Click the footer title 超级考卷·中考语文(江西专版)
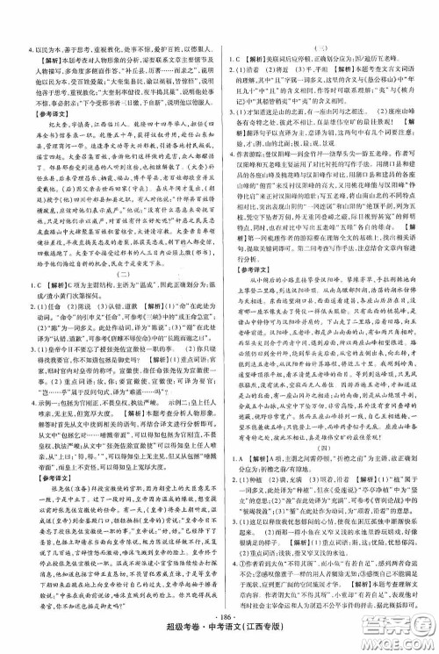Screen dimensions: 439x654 tap(220, 633)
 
